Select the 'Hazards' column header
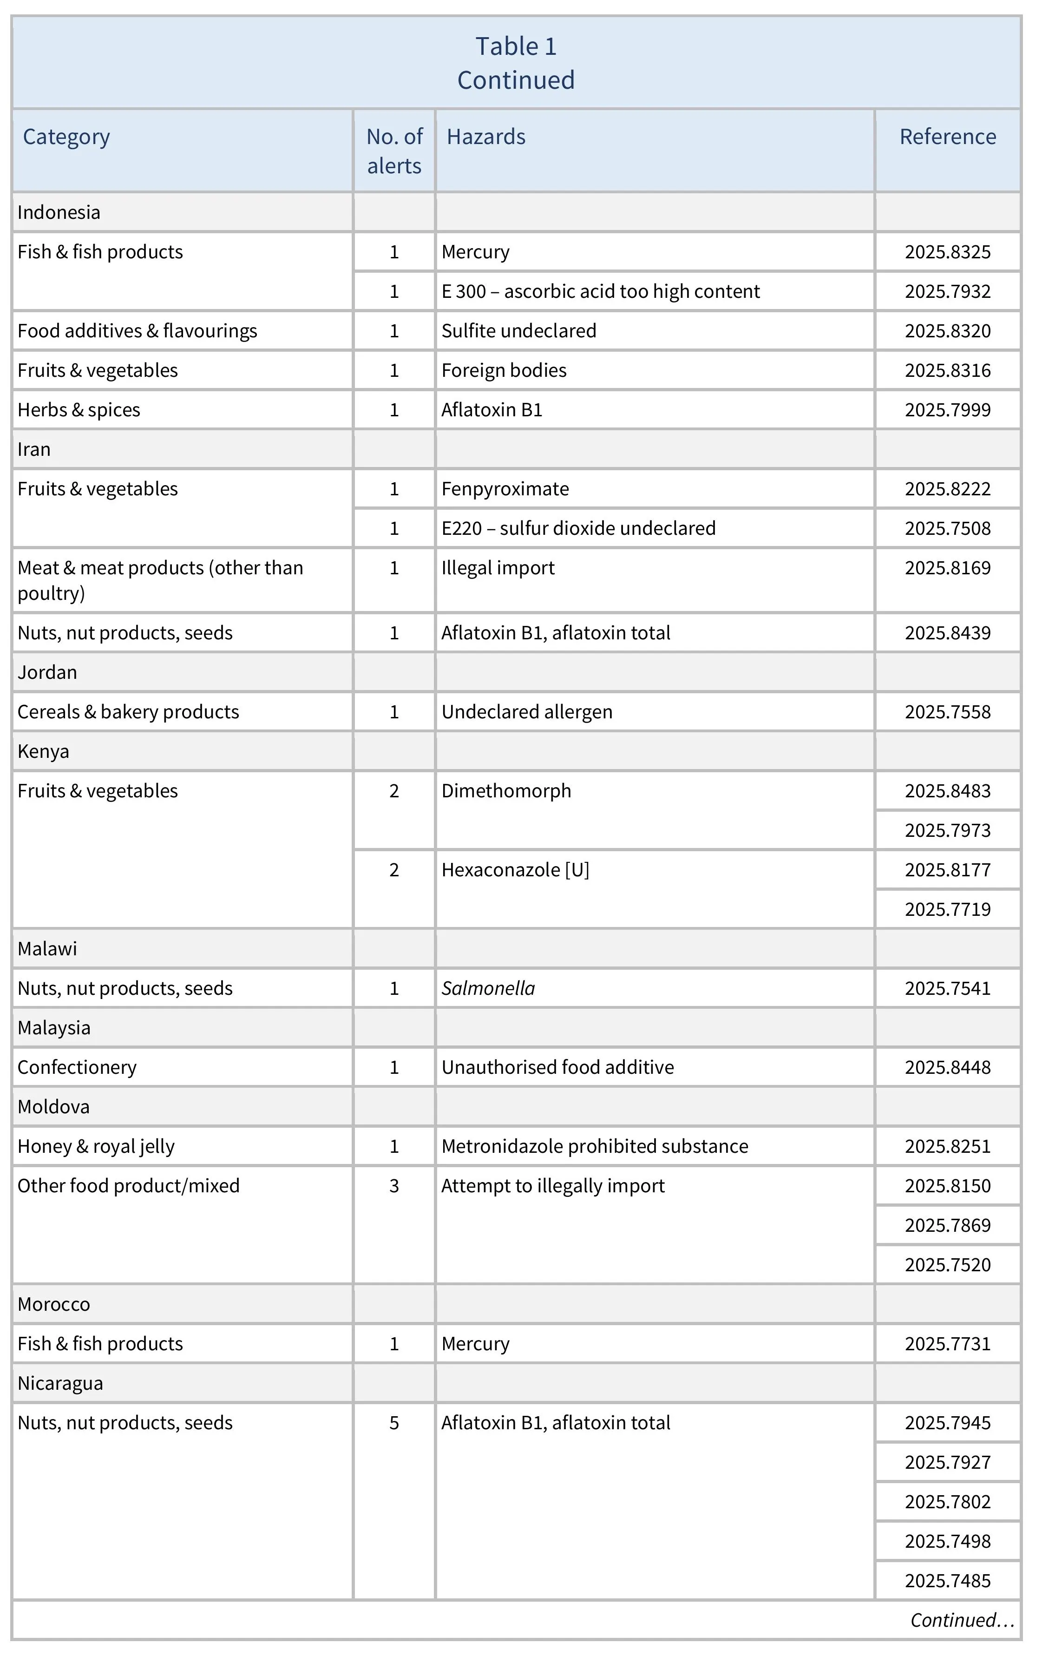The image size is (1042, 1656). point(485,137)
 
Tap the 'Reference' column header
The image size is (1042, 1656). point(947,137)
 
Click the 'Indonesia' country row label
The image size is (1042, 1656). point(59,212)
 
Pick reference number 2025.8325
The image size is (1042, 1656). point(947,252)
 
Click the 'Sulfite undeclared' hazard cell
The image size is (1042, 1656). point(518,331)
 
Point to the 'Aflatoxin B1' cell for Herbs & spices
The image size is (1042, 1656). point(492,410)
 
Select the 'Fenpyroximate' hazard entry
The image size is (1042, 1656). point(505,489)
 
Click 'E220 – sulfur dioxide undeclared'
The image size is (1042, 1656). point(578,528)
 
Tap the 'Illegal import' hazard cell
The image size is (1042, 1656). point(498,568)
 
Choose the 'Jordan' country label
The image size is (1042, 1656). point(47,672)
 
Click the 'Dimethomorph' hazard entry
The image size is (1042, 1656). point(506,791)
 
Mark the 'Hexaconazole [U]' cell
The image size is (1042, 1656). point(515,870)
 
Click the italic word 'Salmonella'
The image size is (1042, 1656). point(488,988)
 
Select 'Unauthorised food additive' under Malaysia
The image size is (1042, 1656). point(557,1067)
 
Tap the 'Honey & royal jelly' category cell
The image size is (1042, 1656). point(96,1146)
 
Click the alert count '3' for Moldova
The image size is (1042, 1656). point(394,1186)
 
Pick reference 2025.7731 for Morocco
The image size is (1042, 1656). point(947,1344)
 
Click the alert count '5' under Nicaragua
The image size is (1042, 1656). point(394,1423)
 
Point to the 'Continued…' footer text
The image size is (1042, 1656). point(962,1620)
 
